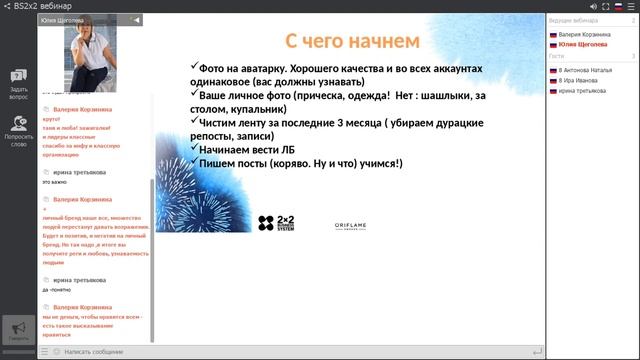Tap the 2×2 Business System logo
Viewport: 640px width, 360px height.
click(276, 222)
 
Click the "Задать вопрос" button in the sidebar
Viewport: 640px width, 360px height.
click(18, 84)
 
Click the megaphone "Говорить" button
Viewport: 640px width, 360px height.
click(18, 330)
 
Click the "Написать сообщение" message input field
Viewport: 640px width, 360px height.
click(300, 352)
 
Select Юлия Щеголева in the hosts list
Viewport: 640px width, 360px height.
click(583, 44)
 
